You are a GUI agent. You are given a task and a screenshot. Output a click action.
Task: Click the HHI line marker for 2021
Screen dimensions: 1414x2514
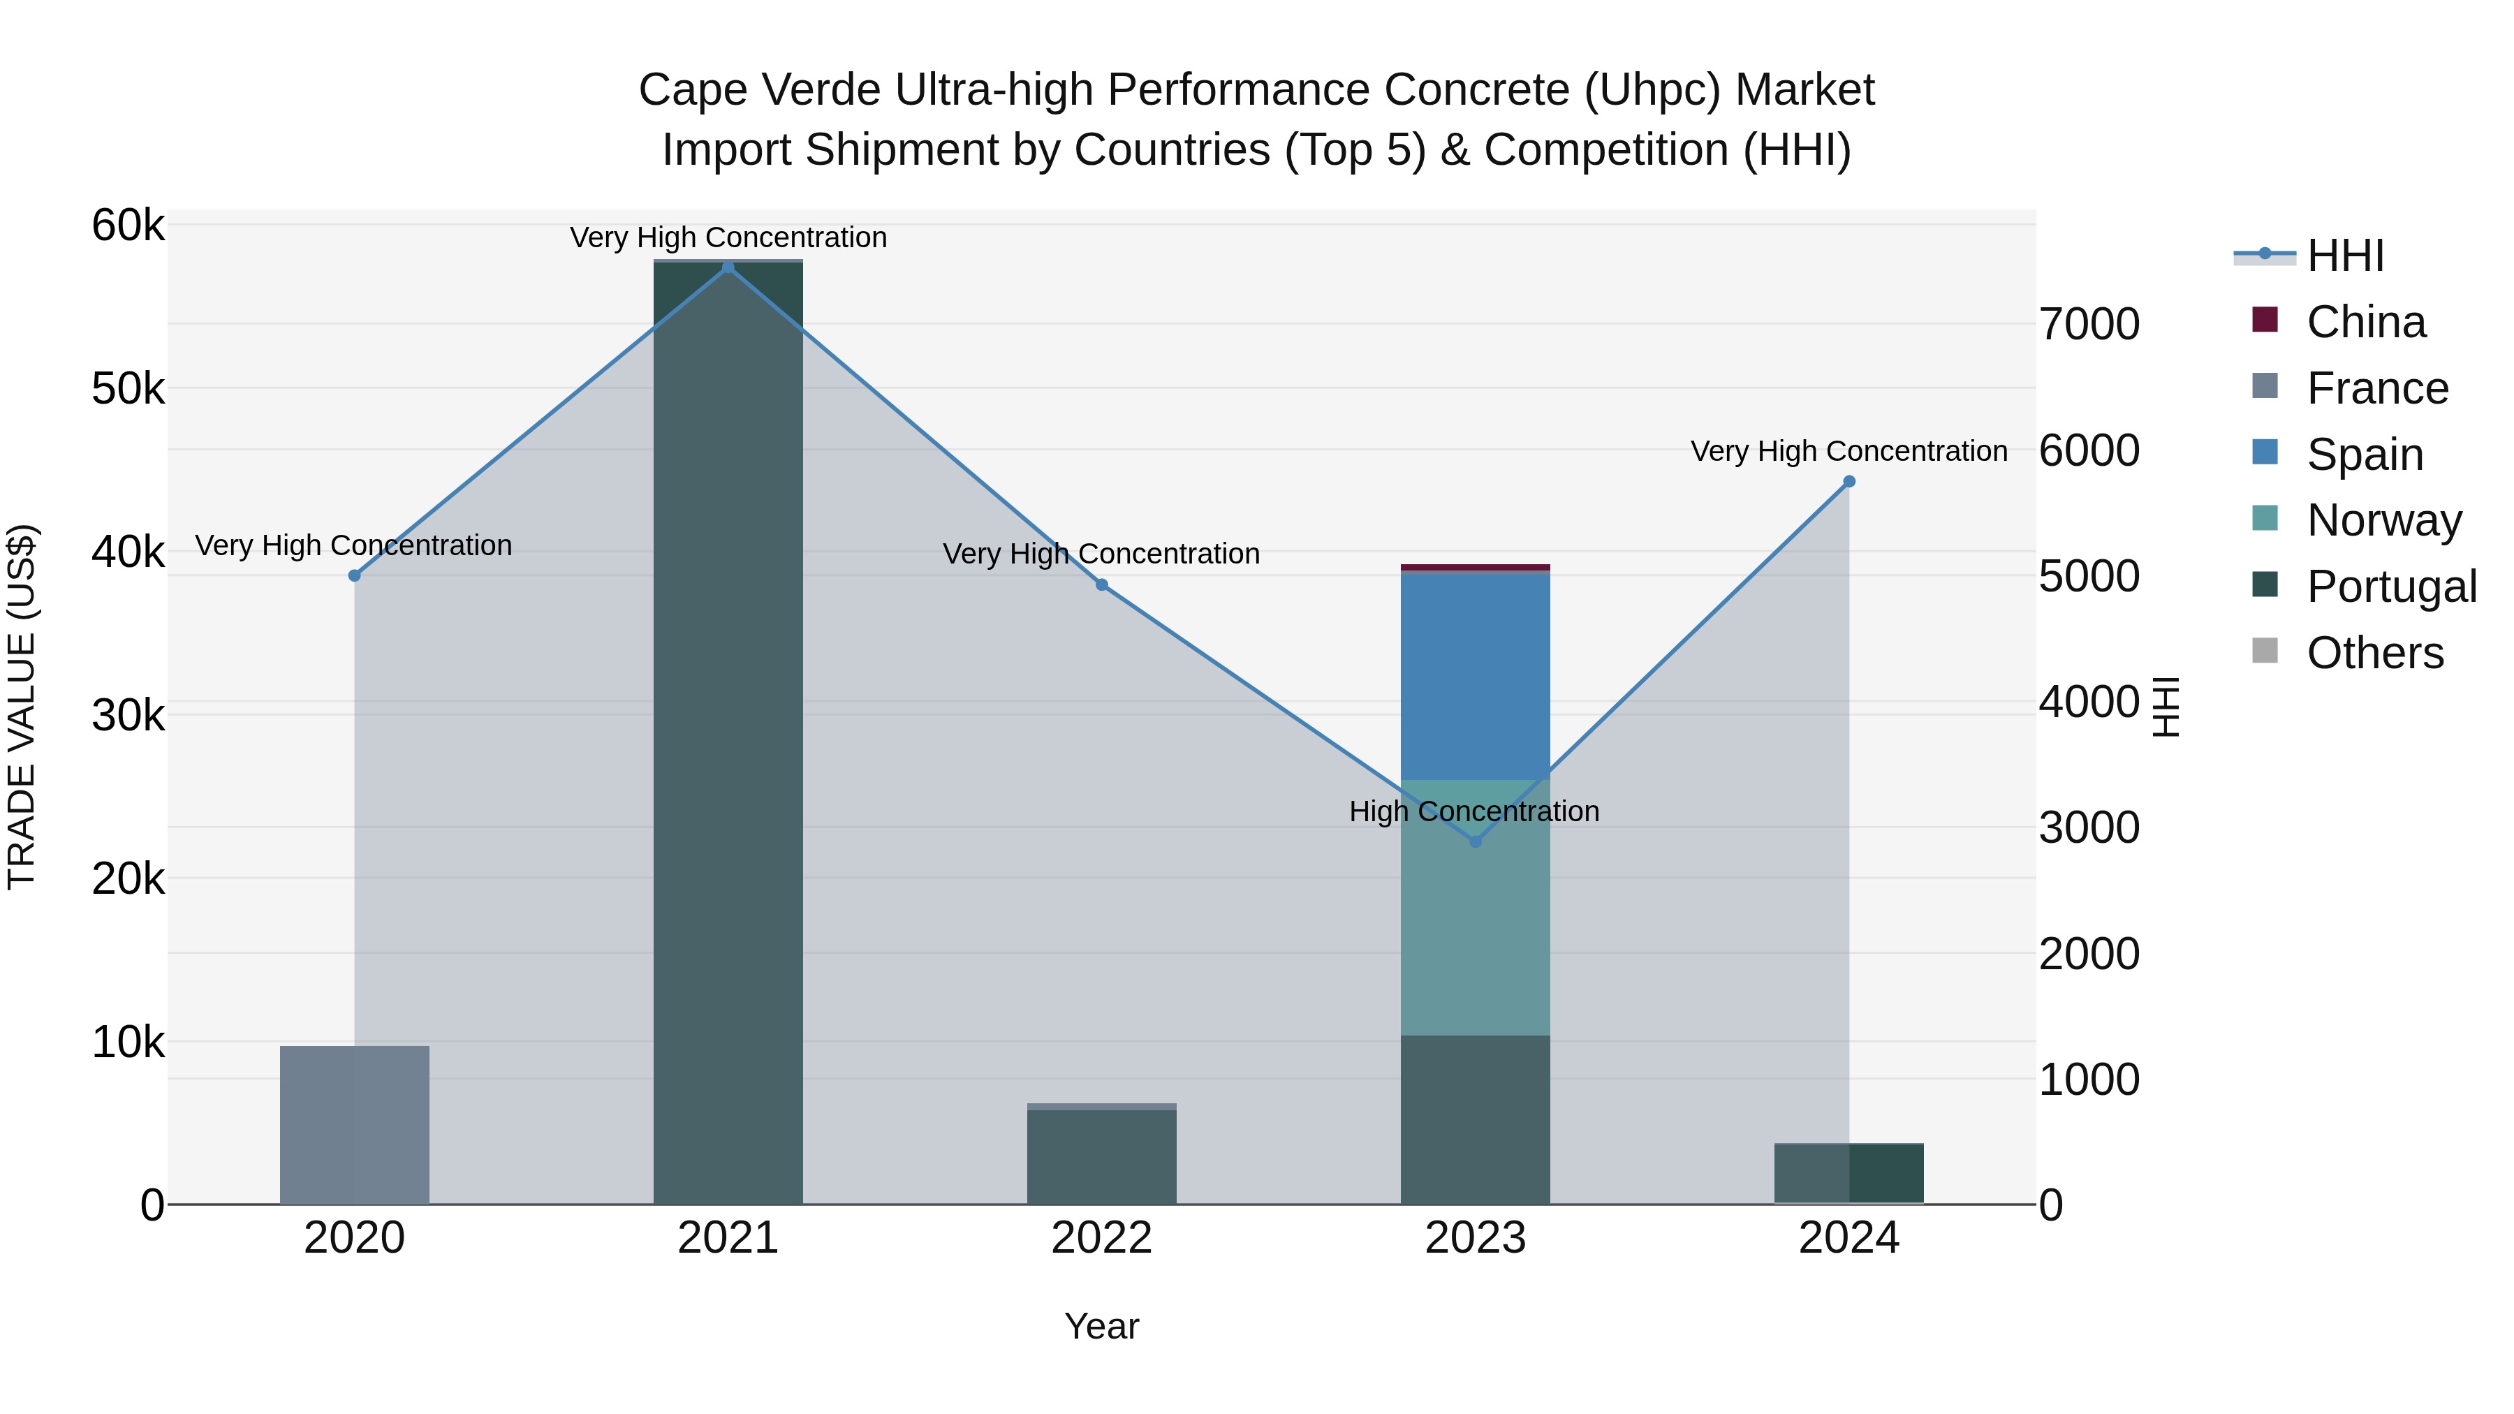point(728,267)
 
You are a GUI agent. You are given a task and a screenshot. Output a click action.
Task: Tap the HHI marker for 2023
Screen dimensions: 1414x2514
point(1476,841)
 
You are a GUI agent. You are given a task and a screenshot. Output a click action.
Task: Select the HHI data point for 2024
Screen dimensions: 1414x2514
point(1848,481)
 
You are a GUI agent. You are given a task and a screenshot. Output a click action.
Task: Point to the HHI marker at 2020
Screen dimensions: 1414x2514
point(354,576)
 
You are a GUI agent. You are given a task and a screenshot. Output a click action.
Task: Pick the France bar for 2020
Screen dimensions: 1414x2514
point(354,1124)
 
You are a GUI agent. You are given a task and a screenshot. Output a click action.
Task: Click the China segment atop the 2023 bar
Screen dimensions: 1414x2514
point(1476,567)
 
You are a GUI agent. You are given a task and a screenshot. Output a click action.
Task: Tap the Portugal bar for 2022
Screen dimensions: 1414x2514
point(1102,1156)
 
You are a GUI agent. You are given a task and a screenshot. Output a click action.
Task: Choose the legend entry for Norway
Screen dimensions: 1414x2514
point(2383,520)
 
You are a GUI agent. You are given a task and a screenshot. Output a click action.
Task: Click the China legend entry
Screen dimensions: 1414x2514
point(2366,322)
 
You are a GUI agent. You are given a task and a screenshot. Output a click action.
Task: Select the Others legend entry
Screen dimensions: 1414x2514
point(2374,653)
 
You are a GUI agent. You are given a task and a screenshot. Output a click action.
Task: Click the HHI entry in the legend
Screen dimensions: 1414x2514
point(2345,256)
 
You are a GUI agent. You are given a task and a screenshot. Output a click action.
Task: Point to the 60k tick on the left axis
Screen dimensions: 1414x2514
point(128,226)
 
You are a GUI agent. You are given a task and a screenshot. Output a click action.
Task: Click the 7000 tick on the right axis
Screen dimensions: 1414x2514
point(2089,324)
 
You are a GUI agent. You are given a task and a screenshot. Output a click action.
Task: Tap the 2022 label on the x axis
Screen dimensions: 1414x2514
point(1102,1238)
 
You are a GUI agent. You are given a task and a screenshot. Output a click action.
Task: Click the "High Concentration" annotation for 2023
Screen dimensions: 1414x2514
point(1473,811)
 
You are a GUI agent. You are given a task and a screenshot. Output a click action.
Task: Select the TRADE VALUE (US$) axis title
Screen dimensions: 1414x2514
point(22,707)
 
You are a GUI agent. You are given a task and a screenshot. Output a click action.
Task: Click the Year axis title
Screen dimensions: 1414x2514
point(1102,1326)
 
